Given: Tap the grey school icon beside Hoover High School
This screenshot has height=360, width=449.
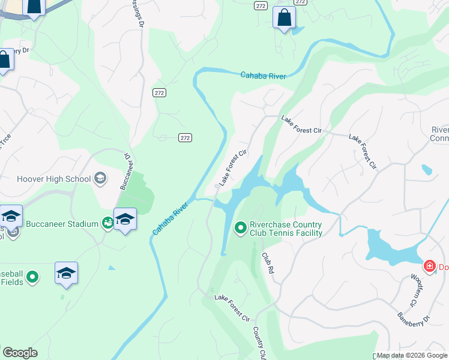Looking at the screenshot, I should (100, 178).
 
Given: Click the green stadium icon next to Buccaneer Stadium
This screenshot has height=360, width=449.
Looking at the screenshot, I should (108, 224).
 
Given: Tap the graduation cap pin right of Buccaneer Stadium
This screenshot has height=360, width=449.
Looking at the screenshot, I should (125, 220).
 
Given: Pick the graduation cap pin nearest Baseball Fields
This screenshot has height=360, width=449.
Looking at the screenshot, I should (67, 274).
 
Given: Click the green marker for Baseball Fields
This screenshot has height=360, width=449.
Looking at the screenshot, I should (32, 277).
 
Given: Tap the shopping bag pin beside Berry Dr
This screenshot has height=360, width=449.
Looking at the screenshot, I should (4, 60).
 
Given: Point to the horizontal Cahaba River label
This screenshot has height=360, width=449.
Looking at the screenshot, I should (263, 76).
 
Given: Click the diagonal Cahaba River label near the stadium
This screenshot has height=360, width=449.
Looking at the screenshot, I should (170, 218).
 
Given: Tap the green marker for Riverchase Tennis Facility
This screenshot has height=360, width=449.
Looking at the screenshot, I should (240, 227).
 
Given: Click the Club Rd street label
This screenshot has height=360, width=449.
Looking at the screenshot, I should (268, 263).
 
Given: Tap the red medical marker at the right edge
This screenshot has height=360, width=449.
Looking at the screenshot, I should (429, 266).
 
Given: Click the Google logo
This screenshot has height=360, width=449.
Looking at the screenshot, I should (20, 353).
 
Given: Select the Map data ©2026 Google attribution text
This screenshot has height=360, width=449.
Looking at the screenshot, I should (412, 356).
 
